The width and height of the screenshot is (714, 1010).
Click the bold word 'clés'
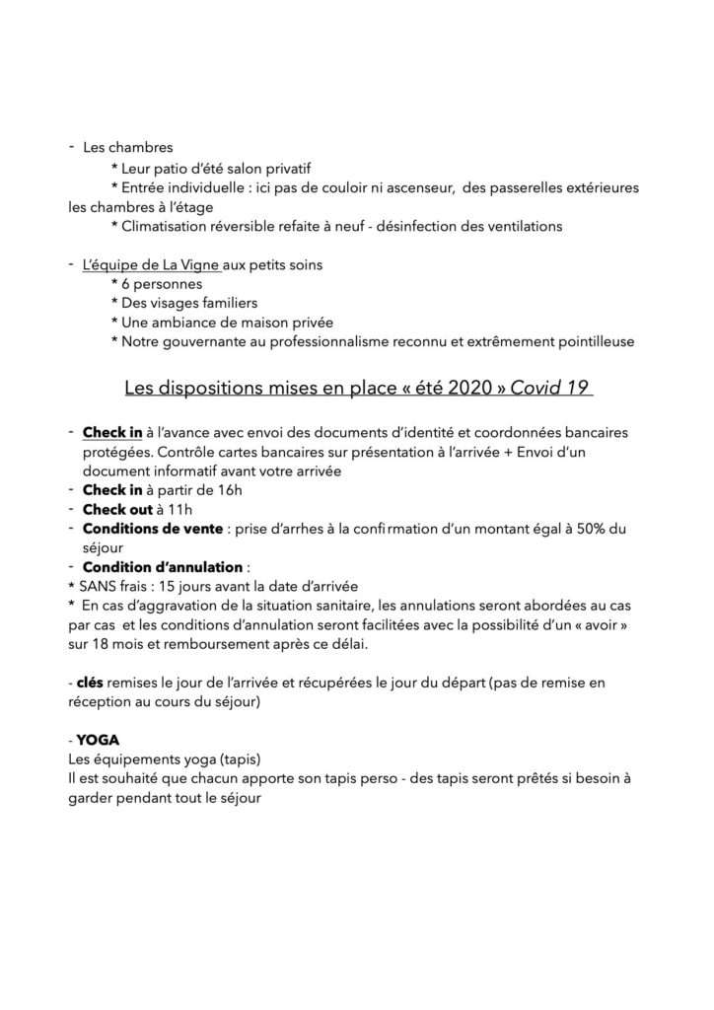pos(90,683)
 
